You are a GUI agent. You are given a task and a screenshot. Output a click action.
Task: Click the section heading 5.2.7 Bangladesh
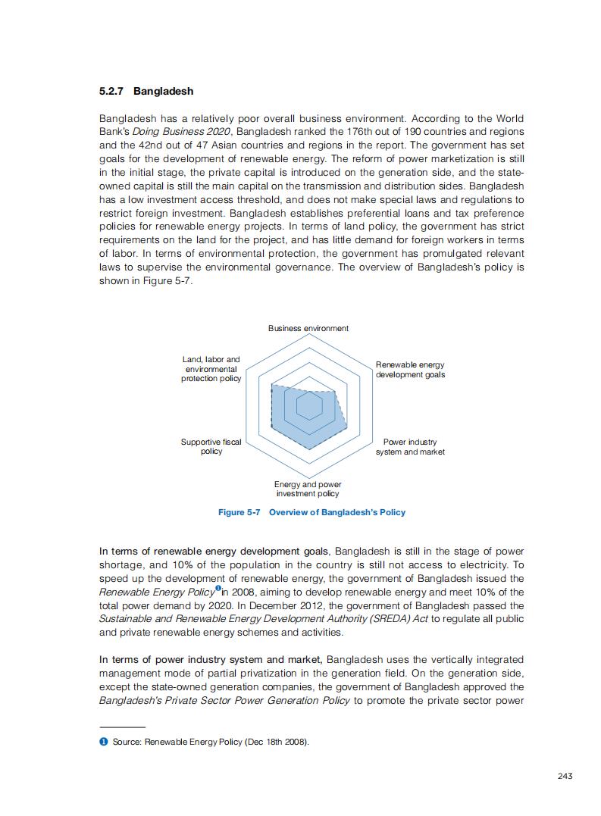146,92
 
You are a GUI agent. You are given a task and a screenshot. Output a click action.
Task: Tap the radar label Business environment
308,328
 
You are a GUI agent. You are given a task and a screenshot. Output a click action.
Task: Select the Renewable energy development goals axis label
410,370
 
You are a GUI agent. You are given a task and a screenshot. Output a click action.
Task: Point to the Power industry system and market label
410,447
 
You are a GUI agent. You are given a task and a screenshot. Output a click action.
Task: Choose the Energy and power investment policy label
308,489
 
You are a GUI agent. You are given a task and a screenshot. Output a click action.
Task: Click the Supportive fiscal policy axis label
211,446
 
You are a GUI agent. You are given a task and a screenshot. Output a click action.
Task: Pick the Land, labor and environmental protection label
211,369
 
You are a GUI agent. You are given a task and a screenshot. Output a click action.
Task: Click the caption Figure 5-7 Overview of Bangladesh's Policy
311,512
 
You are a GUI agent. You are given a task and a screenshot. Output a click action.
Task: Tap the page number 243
564,775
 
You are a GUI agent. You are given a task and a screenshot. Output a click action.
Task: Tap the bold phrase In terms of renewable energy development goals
215,551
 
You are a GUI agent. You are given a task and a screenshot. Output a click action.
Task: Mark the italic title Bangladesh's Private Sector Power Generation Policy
224,700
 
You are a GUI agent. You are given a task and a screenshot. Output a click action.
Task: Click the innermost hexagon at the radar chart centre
308,407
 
